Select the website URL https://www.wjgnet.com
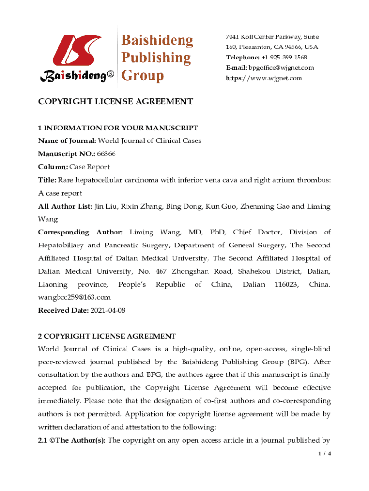click(x=264, y=78)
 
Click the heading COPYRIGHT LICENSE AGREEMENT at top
click(x=115, y=102)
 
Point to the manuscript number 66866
click(x=106, y=154)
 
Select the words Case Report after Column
click(x=90, y=167)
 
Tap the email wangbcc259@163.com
click(x=74, y=297)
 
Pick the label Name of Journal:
click(x=67, y=141)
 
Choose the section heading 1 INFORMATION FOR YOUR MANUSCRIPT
click(x=118, y=128)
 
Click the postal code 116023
click(x=285, y=284)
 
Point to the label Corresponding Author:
click(x=81, y=233)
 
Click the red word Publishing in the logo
click(x=155, y=58)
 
